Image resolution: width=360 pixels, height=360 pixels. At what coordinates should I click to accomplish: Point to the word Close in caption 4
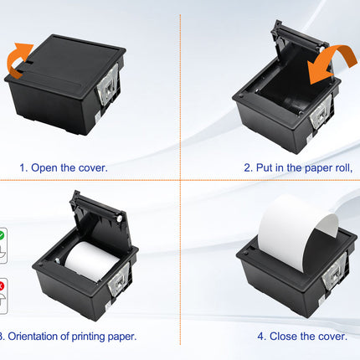[287, 337]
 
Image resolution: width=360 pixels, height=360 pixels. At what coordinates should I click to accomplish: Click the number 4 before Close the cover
[260, 337]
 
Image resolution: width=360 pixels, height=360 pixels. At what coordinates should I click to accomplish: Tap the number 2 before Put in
[248, 167]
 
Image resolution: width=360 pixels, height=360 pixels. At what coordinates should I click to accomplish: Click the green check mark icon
[3, 238]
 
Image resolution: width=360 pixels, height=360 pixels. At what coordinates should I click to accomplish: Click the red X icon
[3, 289]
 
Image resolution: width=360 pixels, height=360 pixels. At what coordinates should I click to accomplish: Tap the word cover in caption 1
[92, 167]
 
